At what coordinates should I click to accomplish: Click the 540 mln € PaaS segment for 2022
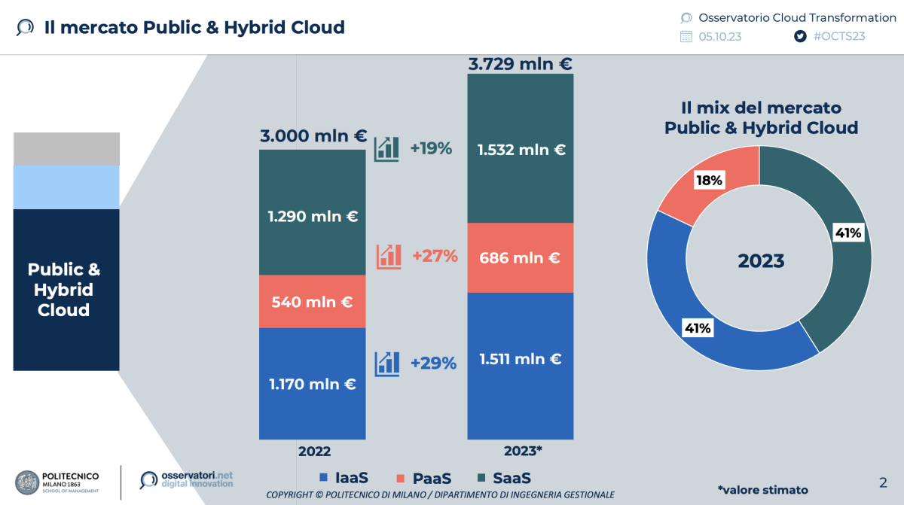pyautogui.click(x=312, y=302)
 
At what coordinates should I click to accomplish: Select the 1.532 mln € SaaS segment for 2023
pyautogui.click(x=521, y=150)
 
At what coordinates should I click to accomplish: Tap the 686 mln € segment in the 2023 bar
pyautogui.click(x=521, y=258)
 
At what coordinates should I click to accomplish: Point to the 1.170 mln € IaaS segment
pyautogui.click(x=312, y=384)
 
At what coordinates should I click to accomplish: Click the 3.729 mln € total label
pyautogui.click(x=520, y=64)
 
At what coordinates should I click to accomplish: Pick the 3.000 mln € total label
pyautogui.click(x=313, y=137)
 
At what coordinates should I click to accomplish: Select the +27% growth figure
pyautogui.click(x=435, y=256)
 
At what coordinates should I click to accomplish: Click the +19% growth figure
pyautogui.click(x=431, y=148)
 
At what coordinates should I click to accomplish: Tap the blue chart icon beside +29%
pyautogui.click(x=387, y=364)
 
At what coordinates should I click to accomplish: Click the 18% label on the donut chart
pyautogui.click(x=709, y=180)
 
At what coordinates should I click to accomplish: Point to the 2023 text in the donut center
pyautogui.click(x=761, y=261)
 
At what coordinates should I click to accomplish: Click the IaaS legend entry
pyautogui.click(x=344, y=478)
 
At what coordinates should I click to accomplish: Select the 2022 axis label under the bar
pyautogui.click(x=314, y=452)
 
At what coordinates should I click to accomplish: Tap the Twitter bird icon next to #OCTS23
pyautogui.click(x=800, y=36)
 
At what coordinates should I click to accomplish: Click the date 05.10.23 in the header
pyautogui.click(x=719, y=36)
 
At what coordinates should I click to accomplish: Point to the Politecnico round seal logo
pyautogui.click(x=27, y=482)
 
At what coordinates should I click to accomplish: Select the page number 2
pyautogui.click(x=883, y=482)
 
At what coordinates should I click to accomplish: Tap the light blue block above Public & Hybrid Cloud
pyautogui.click(x=66, y=187)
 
